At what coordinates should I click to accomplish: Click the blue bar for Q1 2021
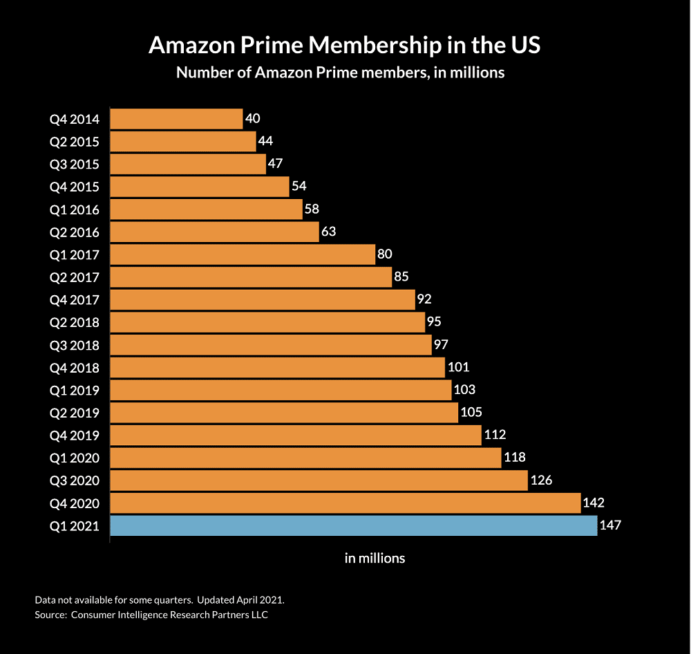pos(353,525)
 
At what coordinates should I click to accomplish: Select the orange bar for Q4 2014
pos(176,119)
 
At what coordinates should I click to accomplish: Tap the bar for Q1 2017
pos(242,254)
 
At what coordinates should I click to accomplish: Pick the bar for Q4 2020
pos(345,503)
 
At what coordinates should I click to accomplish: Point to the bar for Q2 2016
pos(214,232)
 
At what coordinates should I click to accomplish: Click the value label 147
pos(611,525)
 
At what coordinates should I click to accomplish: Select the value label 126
pos(541,480)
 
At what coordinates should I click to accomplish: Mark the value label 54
pos(299,187)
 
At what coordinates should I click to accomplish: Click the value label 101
pos(459,367)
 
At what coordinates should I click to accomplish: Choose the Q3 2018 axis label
pos(75,345)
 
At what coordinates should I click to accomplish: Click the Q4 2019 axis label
pos(75,436)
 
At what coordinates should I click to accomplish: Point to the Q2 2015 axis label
pos(75,142)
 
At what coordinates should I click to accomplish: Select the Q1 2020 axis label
pos(75,458)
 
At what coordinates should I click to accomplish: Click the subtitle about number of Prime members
pos(340,73)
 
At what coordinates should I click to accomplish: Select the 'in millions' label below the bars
pos(375,558)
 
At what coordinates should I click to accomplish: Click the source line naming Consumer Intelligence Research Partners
pos(151,614)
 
